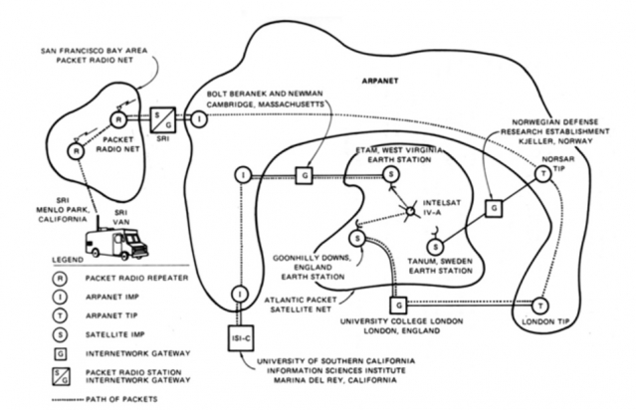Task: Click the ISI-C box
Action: click(241, 337)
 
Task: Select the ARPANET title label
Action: click(380, 81)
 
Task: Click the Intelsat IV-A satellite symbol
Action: click(410, 211)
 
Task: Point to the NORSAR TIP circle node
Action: click(542, 173)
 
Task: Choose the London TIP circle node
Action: click(540, 307)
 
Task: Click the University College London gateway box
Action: click(398, 305)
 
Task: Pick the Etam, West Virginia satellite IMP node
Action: click(391, 174)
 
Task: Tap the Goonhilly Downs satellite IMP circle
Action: click(357, 238)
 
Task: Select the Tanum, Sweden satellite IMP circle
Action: click(435, 246)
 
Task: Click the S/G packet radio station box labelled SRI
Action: click(163, 119)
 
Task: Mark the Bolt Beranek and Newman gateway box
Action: click(305, 175)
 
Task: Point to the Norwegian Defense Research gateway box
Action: click(494, 208)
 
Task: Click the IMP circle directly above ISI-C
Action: click(240, 294)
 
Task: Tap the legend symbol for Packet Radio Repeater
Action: click(60, 279)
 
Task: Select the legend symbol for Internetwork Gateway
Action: click(61, 353)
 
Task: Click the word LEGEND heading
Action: click(68, 260)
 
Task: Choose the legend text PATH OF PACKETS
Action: click(121, 399)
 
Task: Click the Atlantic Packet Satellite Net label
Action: click(301, 305)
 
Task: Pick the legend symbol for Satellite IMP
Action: click(60, 334)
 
